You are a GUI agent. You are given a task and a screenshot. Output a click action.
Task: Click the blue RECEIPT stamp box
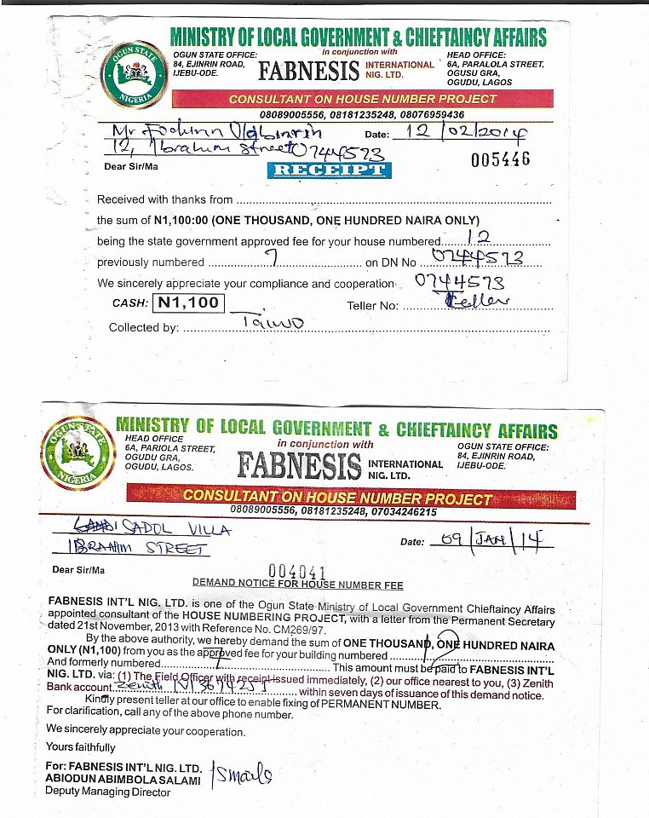(329, 170)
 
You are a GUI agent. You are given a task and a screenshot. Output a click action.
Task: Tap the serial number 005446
(500, 159)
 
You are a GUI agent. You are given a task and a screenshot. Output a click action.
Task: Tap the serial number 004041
(297, 571)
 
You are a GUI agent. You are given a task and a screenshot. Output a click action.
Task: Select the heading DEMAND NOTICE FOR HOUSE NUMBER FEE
(297, 585)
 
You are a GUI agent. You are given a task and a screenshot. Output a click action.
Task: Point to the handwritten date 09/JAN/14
(490, 539)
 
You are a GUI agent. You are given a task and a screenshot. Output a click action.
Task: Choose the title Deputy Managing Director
(107, 792)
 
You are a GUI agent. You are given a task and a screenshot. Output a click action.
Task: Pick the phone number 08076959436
(431, 114)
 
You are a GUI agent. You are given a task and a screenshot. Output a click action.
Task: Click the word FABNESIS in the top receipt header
(307, 72)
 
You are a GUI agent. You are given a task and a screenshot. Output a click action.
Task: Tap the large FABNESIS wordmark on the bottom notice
(299, 465)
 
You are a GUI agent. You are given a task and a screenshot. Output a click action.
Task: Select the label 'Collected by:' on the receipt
(143, 327)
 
